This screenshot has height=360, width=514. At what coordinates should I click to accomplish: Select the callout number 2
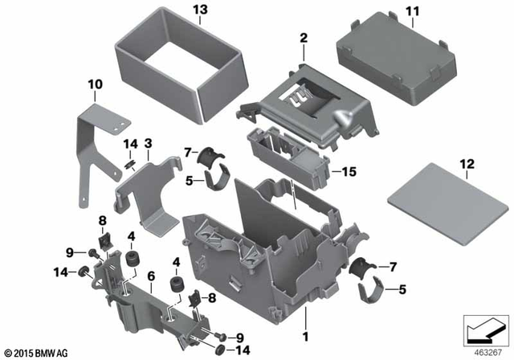pyautogui.click(x=304, y=38)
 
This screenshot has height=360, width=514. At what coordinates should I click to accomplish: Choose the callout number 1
pyautogui.click(x=304, y=328)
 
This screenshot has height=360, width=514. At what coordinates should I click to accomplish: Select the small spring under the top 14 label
pyautogui.click(x=128, y=162)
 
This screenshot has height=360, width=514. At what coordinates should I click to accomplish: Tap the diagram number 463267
pyautogui.click(x=481, y=351)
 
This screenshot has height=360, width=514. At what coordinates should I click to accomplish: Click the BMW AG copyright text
pyautogui.click(x=38, y=353)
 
